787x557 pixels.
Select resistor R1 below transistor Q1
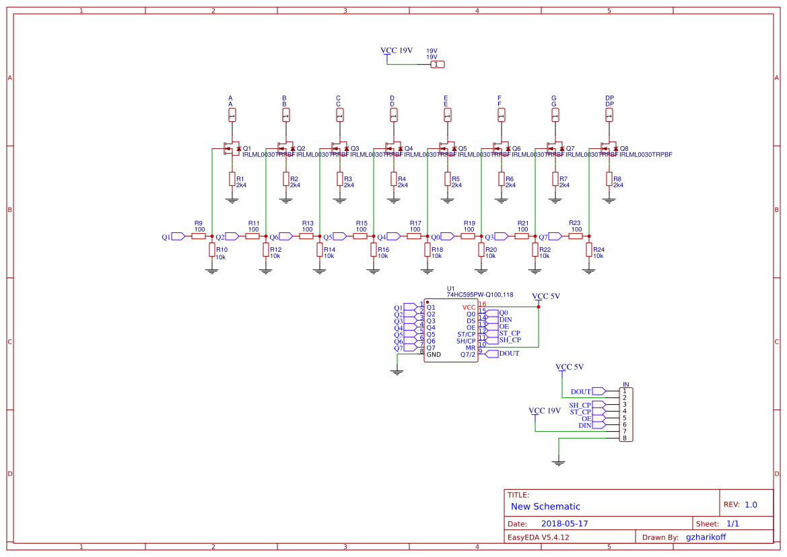pos(232,179)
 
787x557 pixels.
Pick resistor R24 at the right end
pos(589,250)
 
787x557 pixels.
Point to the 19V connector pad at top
pos(437,64)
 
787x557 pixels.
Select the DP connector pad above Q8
pos(609,115)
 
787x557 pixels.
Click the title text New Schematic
pos(545,506)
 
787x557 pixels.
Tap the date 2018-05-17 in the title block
pos(565,523)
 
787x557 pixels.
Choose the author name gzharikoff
pos(706,537)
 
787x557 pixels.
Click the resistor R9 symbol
pos(199,236)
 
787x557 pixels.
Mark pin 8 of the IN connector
pos(625,438)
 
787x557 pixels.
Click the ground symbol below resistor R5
pos(447,200)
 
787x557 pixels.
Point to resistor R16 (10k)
pos(374,250)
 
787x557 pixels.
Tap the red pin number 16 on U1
pos(482,304)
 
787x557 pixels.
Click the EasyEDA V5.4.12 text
pos(538,537)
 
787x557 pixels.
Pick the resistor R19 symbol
pos(468,236)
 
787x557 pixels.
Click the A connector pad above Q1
pos(232,115)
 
